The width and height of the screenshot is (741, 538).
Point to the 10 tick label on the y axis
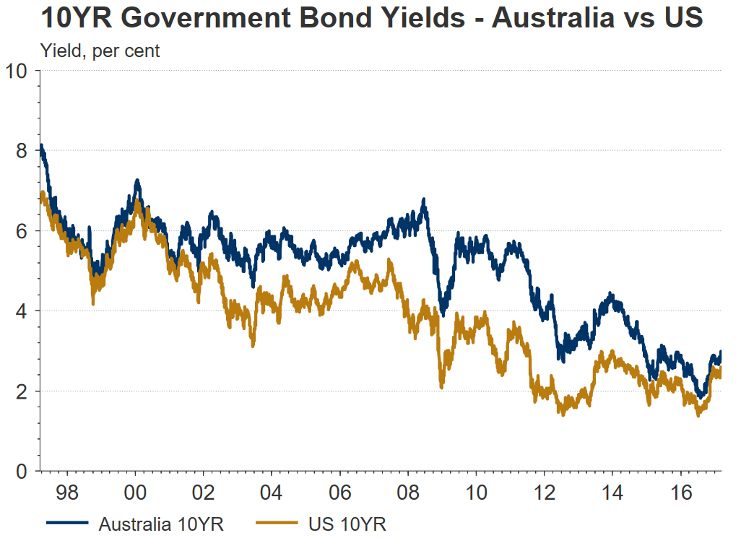[17, 71]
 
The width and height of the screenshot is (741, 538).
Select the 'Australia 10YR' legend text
[158, 524]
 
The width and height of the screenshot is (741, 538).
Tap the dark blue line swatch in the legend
[67, 522]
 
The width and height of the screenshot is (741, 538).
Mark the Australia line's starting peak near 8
[42, 147]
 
